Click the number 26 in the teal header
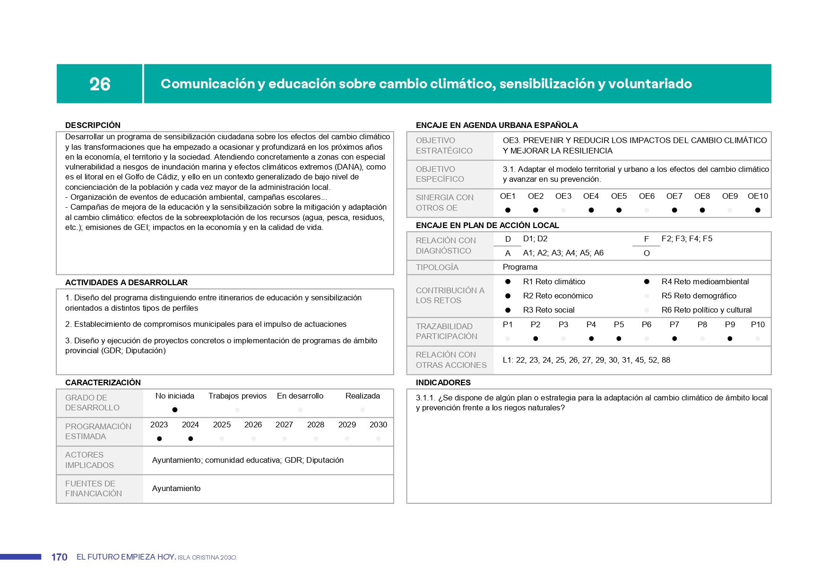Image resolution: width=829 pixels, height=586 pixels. [x=100, y=84]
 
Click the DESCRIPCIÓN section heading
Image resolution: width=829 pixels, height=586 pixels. [x=93, y=125]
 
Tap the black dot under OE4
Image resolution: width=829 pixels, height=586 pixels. [x=591, y=210]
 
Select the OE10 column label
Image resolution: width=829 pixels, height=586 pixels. [x=758, y=196]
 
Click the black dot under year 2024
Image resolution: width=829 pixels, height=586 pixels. [x=190, y=439]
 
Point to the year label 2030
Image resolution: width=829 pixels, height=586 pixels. [x=378, y=425]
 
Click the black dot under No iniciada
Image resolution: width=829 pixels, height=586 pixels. [x=175, y=410]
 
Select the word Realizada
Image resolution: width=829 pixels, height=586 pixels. [x=363, y=396]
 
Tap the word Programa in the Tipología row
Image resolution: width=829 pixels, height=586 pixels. [x=520, y=267]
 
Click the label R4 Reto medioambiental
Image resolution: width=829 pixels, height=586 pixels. [x=705, y=281]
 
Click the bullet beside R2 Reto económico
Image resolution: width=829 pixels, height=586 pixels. [x=508, y=296]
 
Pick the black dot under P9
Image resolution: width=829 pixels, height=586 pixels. [x=730, y=339]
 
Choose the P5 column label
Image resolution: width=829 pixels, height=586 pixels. [x=619, y=324]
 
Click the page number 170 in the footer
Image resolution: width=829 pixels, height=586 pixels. [x=59, y=557]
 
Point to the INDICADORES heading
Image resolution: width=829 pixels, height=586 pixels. [x=443, y=382]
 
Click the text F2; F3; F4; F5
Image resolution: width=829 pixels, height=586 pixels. [x=687, y=238]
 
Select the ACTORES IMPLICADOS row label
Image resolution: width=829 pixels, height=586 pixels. [x=89, y=460]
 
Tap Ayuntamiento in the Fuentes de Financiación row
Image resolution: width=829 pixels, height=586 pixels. [x=176, y=488]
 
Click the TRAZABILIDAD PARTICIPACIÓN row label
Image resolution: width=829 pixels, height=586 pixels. [x=446, y=331]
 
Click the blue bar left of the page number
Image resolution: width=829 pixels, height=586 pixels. [x=21, y=557]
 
